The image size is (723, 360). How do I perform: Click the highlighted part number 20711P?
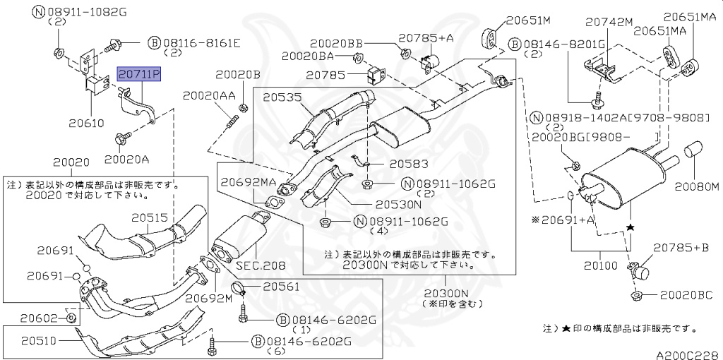139,73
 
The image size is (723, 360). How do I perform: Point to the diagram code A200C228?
684,354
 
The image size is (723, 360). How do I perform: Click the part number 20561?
281,287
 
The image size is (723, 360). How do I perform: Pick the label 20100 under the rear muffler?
600,266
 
